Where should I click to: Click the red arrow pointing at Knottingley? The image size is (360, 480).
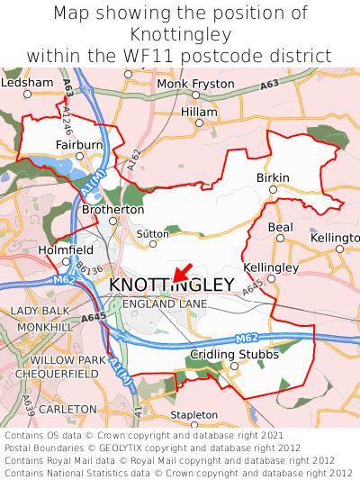click(181, 271)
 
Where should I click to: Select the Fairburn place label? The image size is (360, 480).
click(77, 143)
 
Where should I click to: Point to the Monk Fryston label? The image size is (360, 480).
click(195, 84)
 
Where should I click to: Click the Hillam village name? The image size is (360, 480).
click(199, 111)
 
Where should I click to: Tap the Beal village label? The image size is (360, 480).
click(280, 228)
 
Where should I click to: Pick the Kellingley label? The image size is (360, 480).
click(271, 268)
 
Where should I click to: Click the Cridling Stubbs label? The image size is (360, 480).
click(235, 354)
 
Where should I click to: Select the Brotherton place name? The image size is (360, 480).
click(112, 210)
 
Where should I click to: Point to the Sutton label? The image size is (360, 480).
click(152, 233)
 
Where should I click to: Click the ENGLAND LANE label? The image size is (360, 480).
click(165, 304)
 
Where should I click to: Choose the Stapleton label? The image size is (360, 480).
click(193, 415)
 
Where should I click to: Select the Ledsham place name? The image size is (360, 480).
click(27, 82)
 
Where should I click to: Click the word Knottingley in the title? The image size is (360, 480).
click(180, 34)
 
